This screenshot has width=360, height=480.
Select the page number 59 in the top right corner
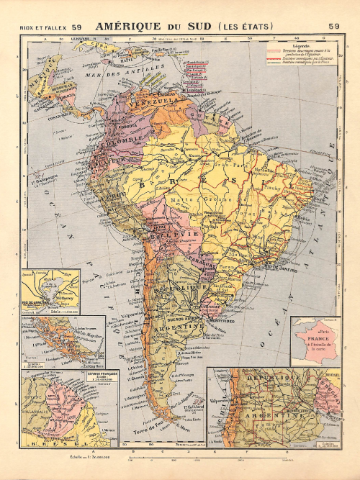333,27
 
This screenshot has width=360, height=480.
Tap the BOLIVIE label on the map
165,235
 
